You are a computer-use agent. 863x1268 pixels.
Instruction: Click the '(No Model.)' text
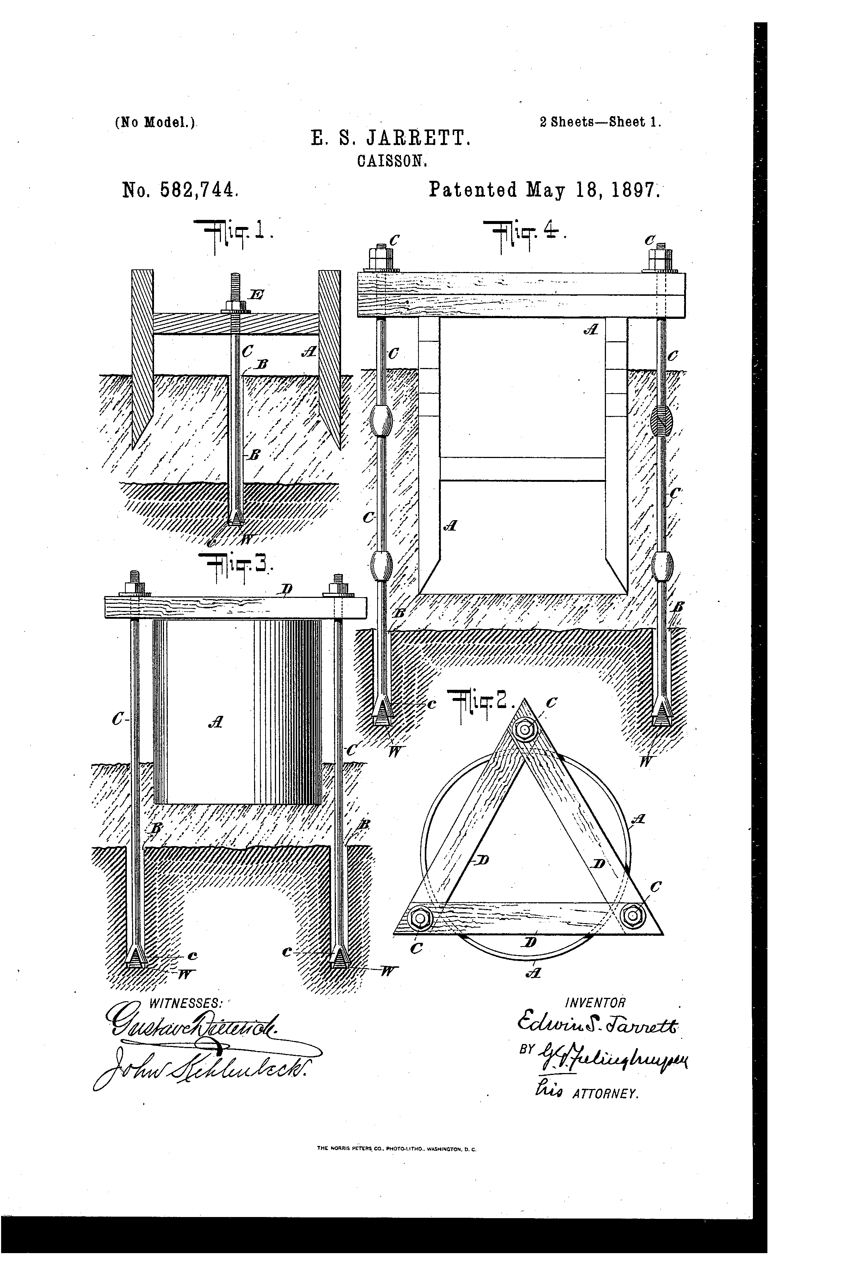tap(155, 123)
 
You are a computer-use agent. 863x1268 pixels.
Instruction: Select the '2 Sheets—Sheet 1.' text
tap(600, 122)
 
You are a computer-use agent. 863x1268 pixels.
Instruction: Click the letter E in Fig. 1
tap(255, 295)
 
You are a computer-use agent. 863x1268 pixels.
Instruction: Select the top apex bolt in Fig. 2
tap(525, 730)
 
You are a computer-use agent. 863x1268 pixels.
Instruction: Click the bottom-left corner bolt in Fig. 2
tap(421, 918)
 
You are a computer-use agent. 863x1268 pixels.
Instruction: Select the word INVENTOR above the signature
tap(596, 1003)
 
